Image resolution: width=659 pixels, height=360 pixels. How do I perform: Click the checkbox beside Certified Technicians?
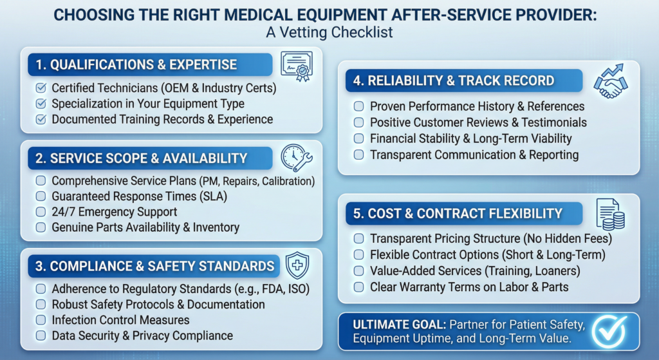41,88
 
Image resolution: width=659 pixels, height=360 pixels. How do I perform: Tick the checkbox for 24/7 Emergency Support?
41,212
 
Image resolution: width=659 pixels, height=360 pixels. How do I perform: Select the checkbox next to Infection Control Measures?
41,319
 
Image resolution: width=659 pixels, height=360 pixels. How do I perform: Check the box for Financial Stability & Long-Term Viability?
358,138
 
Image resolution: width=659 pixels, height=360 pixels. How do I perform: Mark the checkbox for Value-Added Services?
358,271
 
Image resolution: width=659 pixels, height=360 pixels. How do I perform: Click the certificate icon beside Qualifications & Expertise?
296,66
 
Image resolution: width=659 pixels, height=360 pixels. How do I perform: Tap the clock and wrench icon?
297,158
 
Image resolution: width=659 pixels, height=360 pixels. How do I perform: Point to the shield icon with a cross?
297,265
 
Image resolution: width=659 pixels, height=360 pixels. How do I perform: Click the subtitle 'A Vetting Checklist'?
329,32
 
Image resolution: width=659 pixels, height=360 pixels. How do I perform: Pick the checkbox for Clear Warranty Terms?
358,287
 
